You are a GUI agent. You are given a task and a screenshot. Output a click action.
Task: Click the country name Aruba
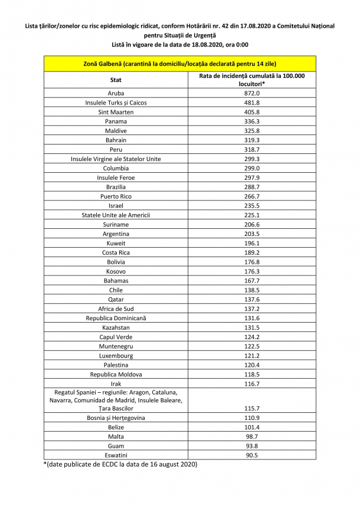116,93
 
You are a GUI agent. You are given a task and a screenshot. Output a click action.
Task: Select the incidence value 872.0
252,93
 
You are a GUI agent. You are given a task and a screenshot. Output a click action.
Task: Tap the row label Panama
116,121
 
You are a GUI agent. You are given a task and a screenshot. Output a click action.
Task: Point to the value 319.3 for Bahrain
252,140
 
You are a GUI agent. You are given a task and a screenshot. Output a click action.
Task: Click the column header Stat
116,80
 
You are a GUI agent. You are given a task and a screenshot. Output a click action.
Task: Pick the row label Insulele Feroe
116,178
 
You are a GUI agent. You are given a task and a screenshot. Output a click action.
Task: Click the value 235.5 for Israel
252,206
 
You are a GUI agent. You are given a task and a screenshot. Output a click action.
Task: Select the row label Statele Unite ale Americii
116,215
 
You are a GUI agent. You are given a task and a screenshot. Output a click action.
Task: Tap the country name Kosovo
116,271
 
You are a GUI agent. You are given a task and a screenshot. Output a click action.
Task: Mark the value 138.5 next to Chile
252,290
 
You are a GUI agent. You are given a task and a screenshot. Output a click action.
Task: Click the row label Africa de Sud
116,308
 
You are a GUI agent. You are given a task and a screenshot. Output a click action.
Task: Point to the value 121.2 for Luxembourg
252,356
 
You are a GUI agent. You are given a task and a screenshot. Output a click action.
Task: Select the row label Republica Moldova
116,375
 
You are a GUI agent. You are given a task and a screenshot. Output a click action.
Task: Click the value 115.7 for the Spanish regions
252,408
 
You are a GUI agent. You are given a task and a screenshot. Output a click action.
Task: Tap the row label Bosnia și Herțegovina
116,418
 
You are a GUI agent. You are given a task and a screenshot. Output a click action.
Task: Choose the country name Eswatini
116,455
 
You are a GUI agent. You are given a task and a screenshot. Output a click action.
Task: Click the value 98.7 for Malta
252,436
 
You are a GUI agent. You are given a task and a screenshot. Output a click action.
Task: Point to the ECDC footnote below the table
120,465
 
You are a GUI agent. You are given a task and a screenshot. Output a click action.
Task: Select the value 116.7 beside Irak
252,384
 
